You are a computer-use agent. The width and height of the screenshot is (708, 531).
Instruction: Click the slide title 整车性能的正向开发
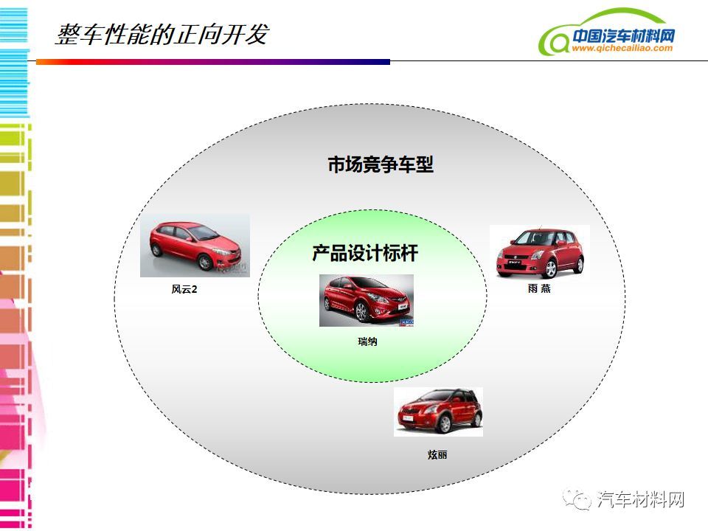[x=162, y=35]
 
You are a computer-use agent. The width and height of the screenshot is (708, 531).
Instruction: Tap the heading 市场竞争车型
[x=381, y=164]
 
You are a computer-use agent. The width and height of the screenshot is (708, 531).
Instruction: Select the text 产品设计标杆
[x=365, y=253]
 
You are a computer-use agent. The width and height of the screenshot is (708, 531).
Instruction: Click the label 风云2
[x=184, y=289]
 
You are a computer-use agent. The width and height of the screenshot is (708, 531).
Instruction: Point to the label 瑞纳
[x=367, y=341]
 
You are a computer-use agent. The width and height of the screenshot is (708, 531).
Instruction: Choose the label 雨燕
[x=539, y=288]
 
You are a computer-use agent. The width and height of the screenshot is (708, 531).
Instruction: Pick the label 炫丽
[x=437, y=454]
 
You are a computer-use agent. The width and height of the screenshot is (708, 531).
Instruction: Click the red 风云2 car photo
[x=195, y=245]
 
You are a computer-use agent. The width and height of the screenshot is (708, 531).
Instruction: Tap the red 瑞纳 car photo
[x=367, y=300]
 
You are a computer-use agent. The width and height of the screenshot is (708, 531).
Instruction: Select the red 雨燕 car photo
[x=540, y=253]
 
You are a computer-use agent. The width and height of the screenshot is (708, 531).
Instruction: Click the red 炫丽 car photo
[x=438, y=412]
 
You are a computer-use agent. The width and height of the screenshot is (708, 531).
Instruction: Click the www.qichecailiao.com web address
[x=622, y=48]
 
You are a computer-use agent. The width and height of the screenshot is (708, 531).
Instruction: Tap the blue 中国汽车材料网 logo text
[x=623, y=35]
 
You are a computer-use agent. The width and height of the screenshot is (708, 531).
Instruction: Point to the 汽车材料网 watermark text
[x=640, y=499]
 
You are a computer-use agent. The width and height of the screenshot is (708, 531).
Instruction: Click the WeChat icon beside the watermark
[x=576, y=499]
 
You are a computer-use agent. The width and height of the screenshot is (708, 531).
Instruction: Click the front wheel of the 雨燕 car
[x=550, y=268]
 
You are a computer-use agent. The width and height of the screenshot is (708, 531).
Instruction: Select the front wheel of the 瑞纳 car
[x=361, y=311]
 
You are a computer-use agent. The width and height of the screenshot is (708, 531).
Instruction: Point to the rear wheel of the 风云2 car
[x=156, y=249]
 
